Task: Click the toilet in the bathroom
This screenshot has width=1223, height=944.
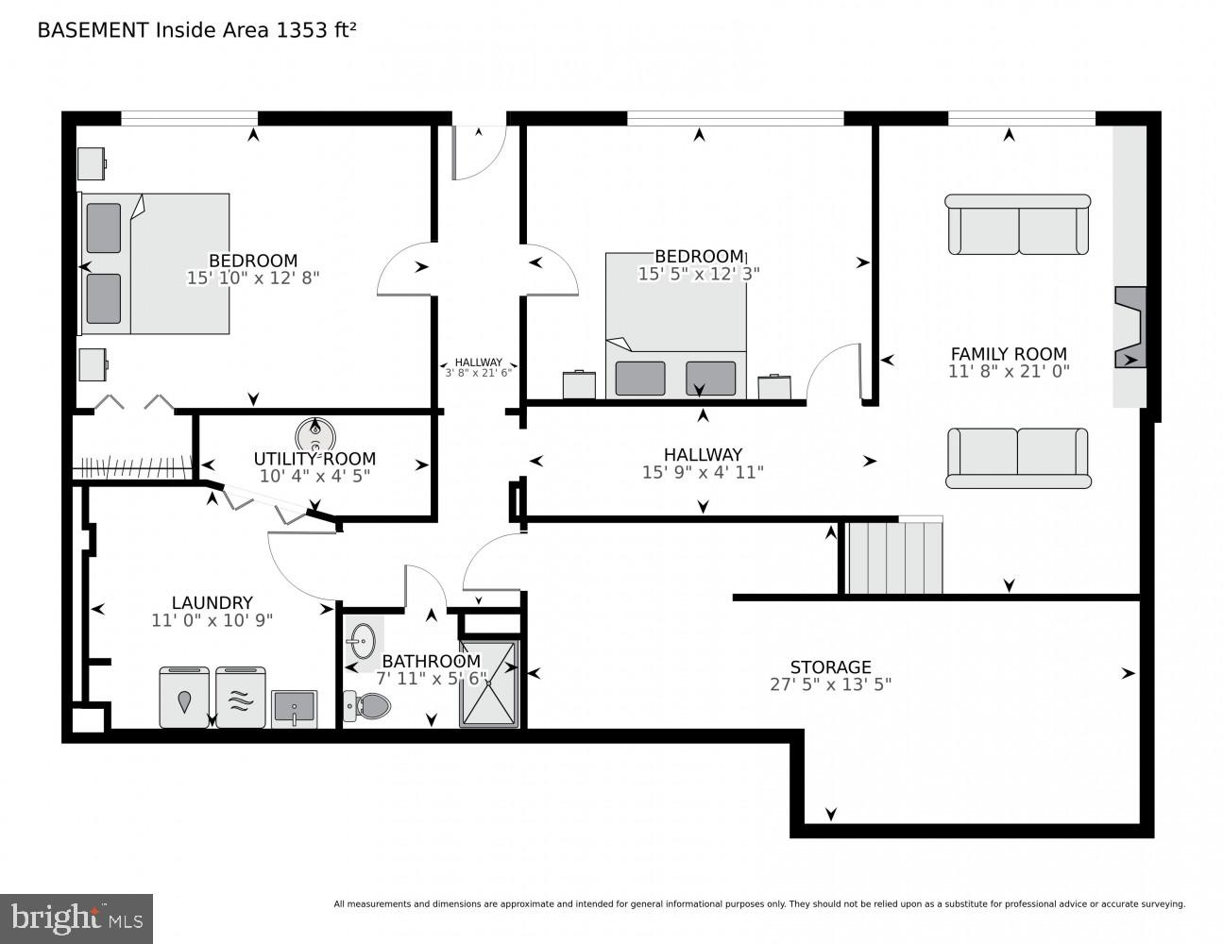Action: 368,704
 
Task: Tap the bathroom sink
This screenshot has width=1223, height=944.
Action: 360,643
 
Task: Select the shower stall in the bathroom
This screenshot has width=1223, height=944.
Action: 489,684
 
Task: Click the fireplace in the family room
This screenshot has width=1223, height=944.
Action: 1130,327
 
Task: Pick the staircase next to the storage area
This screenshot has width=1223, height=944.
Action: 893,557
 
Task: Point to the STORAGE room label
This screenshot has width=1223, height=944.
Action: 830,666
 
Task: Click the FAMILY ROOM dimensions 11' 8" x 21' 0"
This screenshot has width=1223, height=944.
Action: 1009,372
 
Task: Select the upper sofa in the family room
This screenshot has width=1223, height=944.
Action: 1018,225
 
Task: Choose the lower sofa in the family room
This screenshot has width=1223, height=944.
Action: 1018,458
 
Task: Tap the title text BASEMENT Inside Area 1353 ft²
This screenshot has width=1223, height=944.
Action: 196,30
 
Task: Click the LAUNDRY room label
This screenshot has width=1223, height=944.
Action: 212,602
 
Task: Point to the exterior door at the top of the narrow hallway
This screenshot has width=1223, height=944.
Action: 478,151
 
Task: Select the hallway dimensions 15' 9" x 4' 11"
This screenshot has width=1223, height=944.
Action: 703,471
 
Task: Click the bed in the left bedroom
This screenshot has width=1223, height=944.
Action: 156,263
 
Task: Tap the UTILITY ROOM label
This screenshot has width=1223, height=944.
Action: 314,460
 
